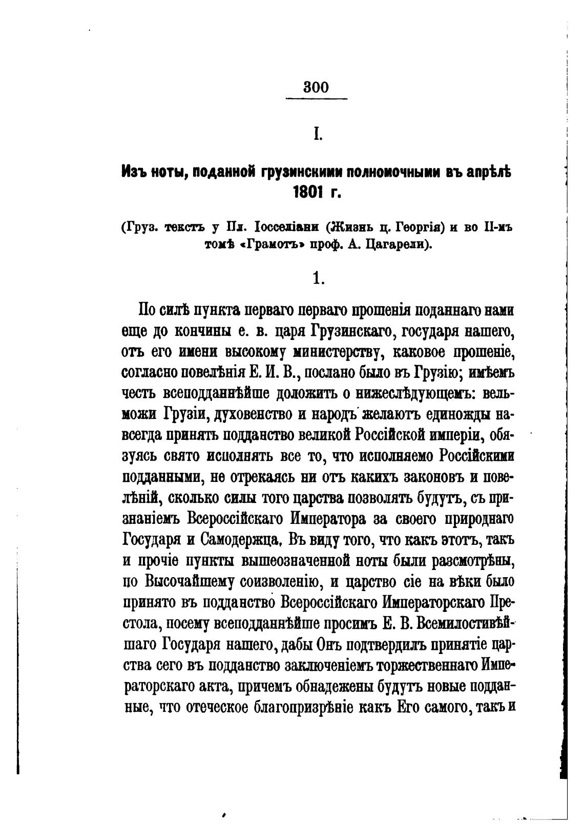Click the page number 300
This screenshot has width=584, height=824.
click(x=316, y=87)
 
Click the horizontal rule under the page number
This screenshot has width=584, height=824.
click(x=316, y=99)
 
